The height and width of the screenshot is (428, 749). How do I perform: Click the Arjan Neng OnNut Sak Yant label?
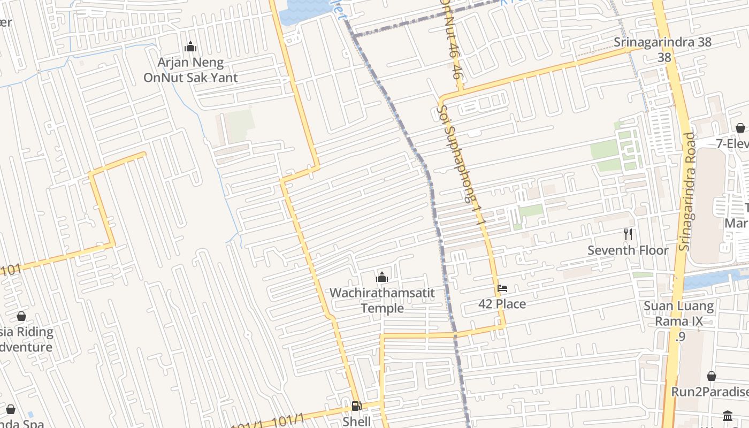[190, 70]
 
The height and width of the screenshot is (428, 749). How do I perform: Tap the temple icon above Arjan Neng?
[190, 47]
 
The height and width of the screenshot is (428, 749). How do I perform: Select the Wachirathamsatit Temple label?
[382, 301]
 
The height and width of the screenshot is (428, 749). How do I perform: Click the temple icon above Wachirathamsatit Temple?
[382, 277]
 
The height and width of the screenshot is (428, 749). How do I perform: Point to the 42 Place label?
[502, 304]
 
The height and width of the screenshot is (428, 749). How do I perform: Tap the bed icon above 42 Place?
[502, 288]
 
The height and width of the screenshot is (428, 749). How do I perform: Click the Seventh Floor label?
[628, 250]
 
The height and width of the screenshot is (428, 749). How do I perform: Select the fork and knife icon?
[628, 234]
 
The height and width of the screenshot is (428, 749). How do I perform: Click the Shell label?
[356, 422]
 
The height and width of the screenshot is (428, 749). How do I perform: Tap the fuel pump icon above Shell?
[356, 406]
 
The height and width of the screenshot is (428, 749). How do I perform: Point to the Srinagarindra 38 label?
[663, 42]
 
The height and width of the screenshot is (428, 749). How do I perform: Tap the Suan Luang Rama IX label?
[679, 314]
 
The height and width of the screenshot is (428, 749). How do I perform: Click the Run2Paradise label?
[709, 392]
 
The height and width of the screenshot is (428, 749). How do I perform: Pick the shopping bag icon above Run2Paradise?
[712, 376]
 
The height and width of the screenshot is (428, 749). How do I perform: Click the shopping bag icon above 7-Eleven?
[740, 128]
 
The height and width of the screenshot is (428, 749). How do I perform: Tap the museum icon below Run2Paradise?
[728, 416]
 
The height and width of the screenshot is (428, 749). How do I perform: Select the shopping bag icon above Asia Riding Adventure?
[21, 316]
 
